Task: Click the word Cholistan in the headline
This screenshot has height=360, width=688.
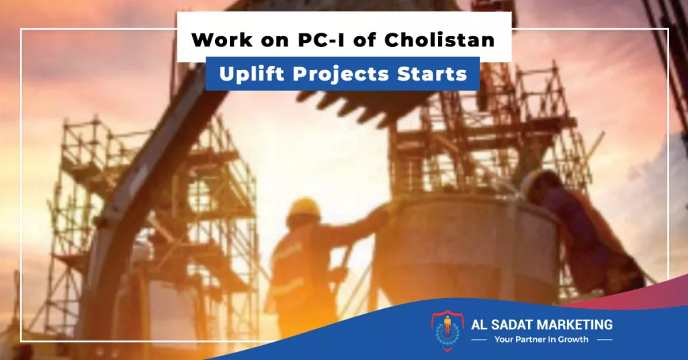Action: pos(439,40)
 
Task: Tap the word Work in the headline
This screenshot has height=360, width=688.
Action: pos(222,40)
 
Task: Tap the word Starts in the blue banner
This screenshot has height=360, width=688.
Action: pos(432,74)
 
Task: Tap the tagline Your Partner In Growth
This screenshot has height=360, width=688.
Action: pos(542,339)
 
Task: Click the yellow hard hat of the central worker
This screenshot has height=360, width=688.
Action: pos(304,207)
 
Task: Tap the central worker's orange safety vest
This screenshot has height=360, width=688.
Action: pos(298,267)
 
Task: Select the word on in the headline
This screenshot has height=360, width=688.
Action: pos(275,41)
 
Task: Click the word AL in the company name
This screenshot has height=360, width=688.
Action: pos(478,325)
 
